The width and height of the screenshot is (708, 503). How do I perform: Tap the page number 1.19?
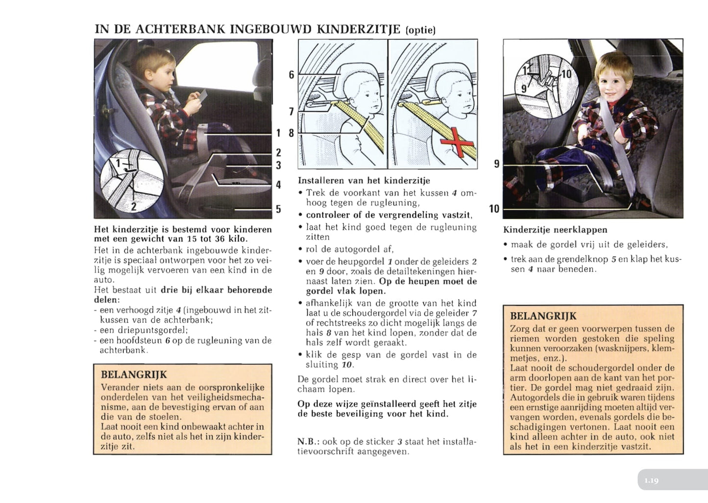click(x=651, y=480)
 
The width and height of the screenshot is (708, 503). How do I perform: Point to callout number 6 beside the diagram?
click(x=292, y=75)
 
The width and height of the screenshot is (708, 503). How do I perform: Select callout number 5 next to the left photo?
click(x=278, y=209)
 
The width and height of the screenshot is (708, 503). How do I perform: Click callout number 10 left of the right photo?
click(x=494, y=209)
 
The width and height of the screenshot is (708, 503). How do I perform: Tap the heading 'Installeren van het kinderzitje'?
click(x=364, y=180)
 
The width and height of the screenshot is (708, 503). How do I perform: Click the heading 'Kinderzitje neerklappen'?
click(x=555, y=229)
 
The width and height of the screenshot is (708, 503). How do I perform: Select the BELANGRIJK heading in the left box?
click(x=133, y=375)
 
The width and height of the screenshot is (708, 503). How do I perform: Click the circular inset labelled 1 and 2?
click(x=131, y=180)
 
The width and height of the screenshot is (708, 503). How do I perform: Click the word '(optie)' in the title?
click(x=420, y=30)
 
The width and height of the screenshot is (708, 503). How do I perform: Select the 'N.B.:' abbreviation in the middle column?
click(x=308, y=442)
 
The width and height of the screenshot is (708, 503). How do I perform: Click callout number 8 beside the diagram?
click(x=292, y=133)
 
